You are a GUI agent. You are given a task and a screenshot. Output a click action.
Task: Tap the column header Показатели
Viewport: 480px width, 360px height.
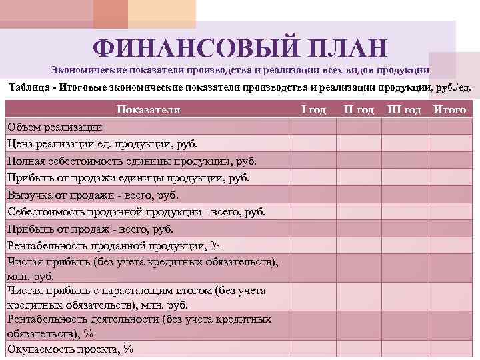[148, 109]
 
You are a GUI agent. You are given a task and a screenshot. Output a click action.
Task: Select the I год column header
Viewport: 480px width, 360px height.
[313, 109]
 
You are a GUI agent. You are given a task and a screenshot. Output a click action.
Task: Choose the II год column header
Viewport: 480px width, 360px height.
[359, 109]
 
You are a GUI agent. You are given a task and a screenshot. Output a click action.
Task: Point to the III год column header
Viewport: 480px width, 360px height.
[404, 109]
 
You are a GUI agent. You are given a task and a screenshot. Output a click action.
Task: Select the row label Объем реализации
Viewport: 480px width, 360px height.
[55, 127]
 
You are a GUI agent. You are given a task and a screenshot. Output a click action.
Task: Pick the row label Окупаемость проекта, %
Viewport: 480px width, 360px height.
[70, 349]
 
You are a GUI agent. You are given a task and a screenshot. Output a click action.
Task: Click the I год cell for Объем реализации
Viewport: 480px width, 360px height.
[313, 127]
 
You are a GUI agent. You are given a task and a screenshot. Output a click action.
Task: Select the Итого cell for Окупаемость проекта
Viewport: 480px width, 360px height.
[449, 349]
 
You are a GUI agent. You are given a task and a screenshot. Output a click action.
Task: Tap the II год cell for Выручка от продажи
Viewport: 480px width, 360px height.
[359, 195]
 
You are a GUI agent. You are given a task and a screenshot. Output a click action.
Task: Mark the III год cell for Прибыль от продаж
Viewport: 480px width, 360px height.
[404, 229]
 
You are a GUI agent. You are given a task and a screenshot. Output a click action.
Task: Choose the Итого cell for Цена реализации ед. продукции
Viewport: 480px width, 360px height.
[449, 143]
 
